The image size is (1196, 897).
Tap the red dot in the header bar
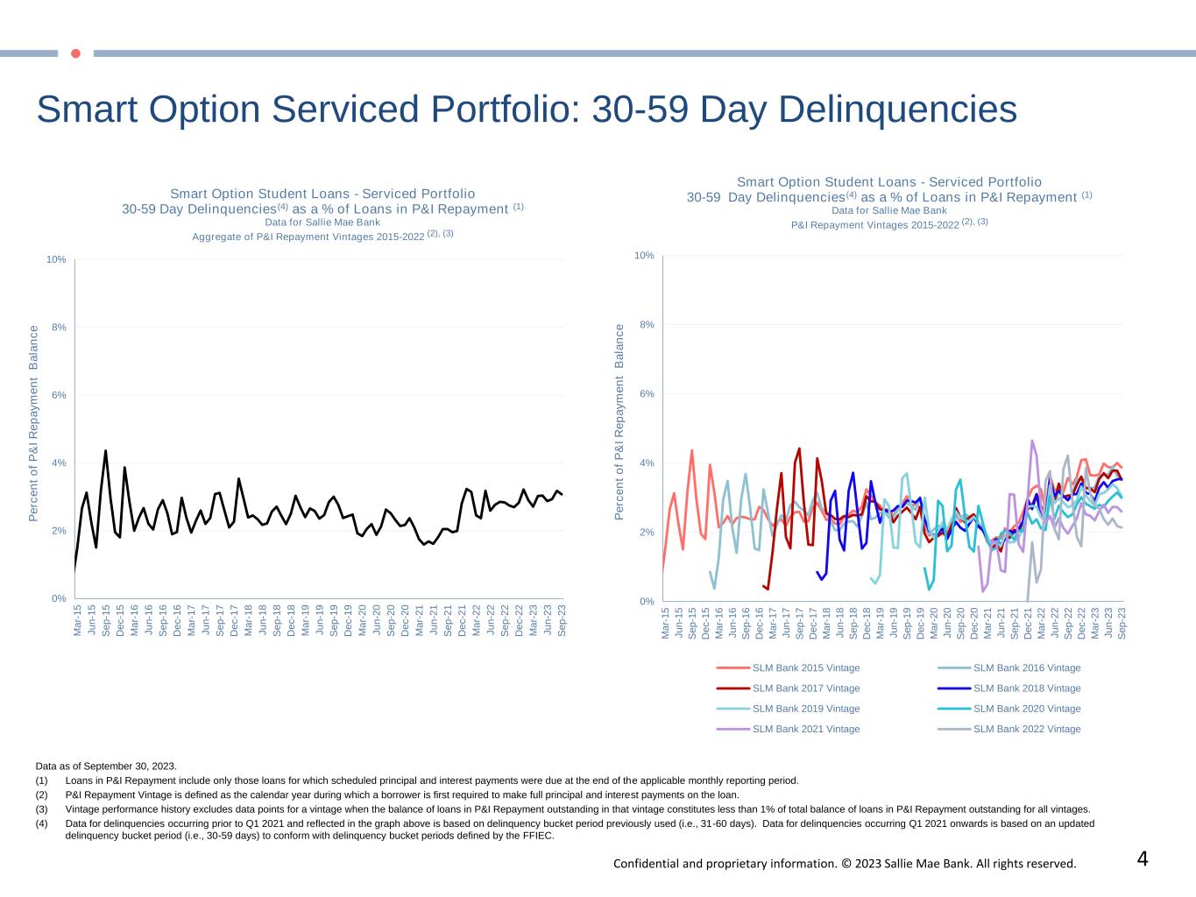(75, 53)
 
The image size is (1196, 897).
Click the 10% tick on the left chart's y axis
(56, 260)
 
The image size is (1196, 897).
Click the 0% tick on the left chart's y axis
(58, 599)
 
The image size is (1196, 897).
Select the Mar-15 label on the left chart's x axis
(77, 619)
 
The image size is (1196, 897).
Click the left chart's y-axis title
(34, 424)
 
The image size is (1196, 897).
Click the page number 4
(1143, 859)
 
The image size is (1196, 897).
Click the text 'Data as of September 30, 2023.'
(106, 766)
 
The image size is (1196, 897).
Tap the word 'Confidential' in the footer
(645, 864)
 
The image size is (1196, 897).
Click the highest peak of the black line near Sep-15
(105, 451)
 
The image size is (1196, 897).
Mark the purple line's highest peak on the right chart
(1032, 441)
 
